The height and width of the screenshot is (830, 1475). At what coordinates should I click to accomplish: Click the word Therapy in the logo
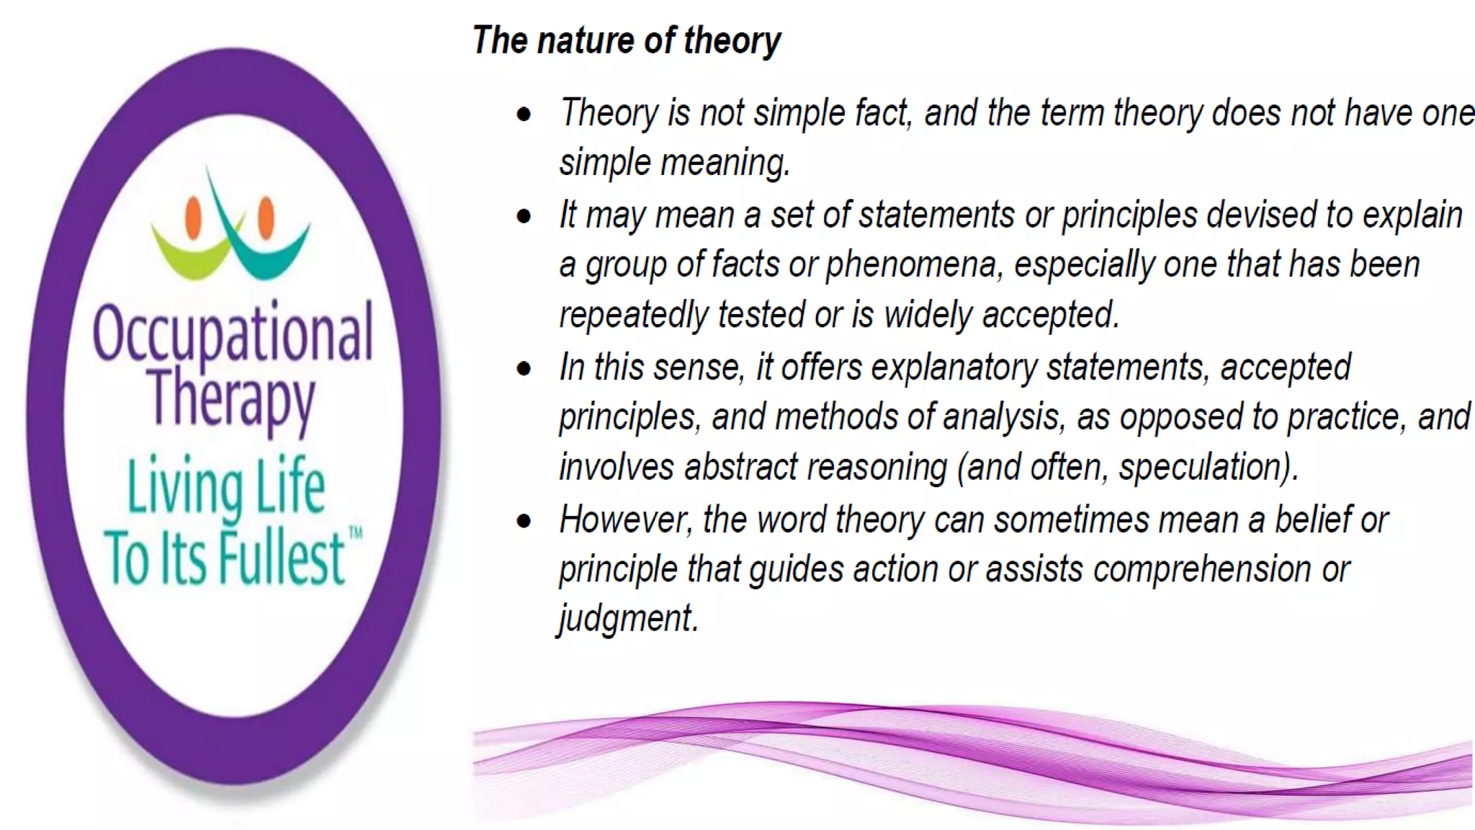232,398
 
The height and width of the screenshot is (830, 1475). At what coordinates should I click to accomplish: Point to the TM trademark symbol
356,533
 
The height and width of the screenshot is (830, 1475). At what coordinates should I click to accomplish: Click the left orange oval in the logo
193,217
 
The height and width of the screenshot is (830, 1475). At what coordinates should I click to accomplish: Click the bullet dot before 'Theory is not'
524,115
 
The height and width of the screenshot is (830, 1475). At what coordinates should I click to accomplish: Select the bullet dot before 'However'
524,521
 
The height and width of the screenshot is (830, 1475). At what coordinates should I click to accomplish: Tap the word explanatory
954,367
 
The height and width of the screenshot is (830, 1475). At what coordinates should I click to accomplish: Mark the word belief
1312,519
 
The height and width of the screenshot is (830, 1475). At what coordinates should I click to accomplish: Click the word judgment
627,619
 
